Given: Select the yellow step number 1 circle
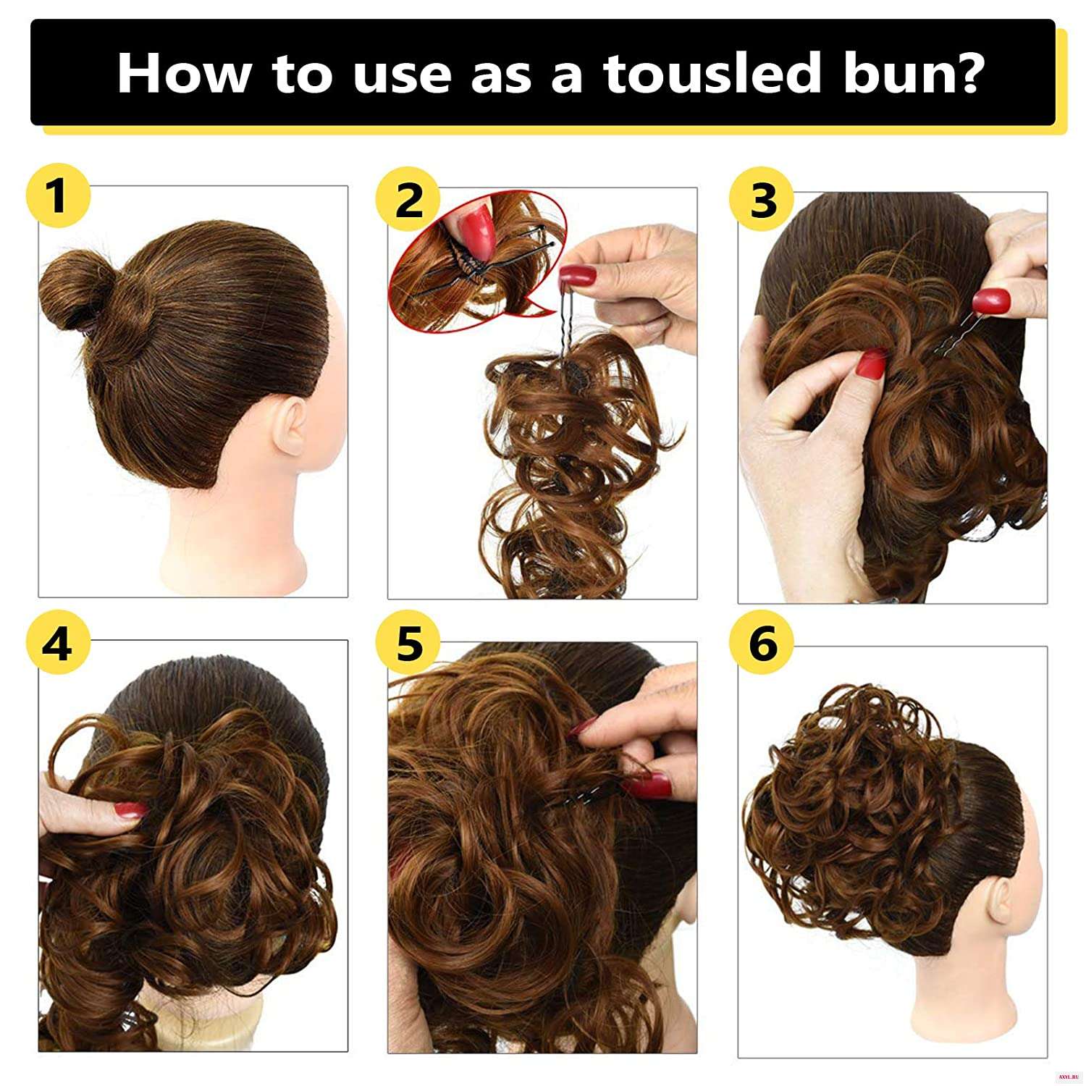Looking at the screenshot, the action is tap(58, 197).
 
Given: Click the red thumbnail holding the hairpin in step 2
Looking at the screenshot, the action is tap(578, 275).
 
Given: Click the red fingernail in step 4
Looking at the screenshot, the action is tap(130, 810).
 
